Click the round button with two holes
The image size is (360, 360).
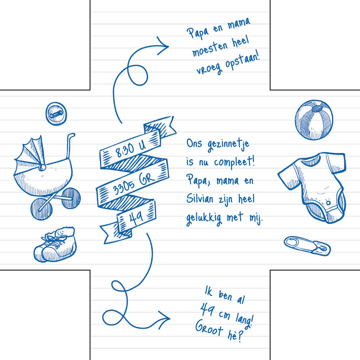click(x=56, y=114)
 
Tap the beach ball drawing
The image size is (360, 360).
click(x=314, y=120)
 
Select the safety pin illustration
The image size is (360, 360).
click(x=307, y=246)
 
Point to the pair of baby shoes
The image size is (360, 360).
click(x=55, y=244)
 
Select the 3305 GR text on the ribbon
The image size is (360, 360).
click(x=133, y=183)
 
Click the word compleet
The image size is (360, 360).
click(x=234, y=162)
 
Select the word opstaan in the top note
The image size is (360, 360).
click(x=242, y=60)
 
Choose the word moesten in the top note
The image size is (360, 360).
click(x=210, y=49)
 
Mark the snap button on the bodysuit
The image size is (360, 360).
click(x=328, y=203)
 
